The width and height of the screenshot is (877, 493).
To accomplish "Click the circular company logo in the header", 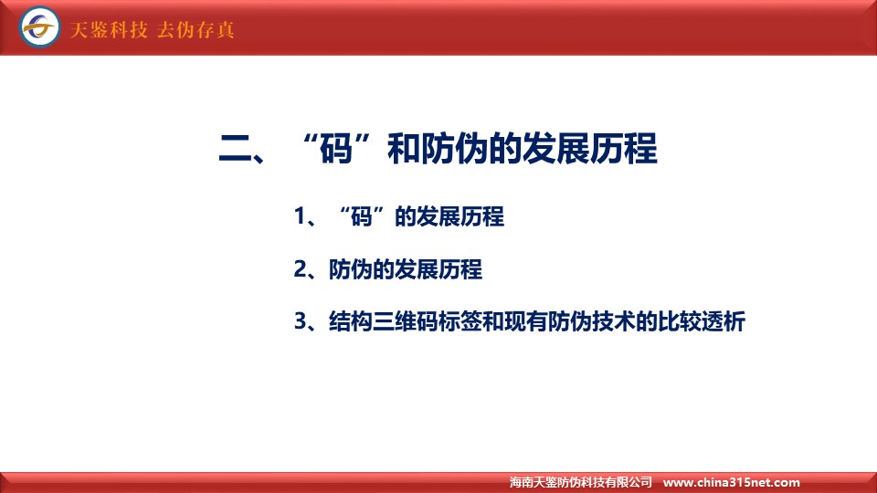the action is click(39, 26).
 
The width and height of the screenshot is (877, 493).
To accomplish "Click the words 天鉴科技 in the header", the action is click(109, 29).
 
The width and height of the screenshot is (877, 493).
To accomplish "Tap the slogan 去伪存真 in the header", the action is click(195, 29).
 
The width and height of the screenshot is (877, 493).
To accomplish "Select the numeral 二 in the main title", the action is click(235, 149).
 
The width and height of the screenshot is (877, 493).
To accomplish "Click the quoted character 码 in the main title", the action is click(336, 149).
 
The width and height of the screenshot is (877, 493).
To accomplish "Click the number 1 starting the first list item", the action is click(300, 216).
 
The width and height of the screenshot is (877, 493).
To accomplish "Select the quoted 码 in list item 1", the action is click(362, 216).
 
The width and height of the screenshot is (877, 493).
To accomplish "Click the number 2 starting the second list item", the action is click(301, 269).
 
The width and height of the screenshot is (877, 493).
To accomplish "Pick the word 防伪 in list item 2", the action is click(351, 269).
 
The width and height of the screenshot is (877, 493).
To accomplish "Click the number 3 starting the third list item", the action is click(301, 321).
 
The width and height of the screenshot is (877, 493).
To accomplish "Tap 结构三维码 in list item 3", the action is click(384, 321).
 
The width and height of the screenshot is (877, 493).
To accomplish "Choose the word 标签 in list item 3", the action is click(460, 321).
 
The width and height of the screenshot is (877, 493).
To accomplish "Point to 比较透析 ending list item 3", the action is click(702, 321).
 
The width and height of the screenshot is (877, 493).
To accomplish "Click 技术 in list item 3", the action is click(614, 321).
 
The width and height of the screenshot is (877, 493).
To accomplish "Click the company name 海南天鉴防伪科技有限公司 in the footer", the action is click(581, 482).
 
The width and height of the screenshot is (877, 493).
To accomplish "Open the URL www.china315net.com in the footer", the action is click(731, 482).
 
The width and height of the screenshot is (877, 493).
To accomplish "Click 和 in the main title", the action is click(404, 149).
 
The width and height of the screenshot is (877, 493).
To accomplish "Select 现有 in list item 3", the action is click(526, 321).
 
